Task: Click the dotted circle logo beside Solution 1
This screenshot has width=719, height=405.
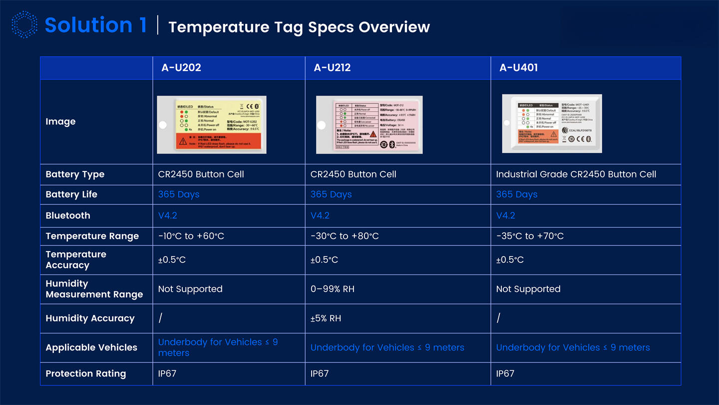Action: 24,25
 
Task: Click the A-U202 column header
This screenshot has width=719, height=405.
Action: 181,68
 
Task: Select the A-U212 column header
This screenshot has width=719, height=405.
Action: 332,68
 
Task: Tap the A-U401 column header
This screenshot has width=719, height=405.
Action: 518,68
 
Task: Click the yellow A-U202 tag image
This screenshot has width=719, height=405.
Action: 212,124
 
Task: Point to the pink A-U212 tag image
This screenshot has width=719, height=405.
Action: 369,124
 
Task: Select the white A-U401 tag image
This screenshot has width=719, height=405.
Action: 552,123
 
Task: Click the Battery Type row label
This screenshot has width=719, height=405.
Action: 75,174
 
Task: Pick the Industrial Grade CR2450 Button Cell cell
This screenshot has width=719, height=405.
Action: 576,174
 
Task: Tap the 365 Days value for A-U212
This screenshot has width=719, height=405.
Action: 331,194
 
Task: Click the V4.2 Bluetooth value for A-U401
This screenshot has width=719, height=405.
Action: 505,215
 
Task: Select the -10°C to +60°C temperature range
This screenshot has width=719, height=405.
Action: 191,236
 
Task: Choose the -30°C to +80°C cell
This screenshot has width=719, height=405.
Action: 345,236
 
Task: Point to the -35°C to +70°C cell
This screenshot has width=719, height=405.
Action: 530,236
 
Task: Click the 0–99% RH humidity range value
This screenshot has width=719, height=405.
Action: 333,289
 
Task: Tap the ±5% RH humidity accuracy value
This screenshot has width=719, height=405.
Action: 326,318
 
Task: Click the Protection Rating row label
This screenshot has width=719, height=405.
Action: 86,373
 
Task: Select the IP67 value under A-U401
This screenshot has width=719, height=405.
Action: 505,373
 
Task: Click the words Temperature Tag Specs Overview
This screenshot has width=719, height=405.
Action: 299,27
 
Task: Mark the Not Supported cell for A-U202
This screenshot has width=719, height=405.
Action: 190,289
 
